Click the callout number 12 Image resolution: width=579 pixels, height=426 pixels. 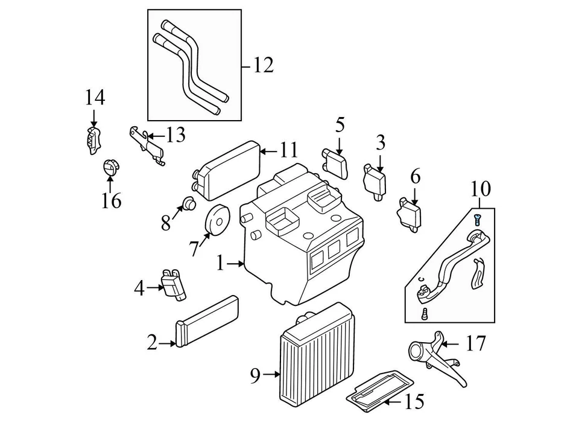click(x=264, y=65)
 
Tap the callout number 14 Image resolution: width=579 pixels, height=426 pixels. click(x=94, y=97)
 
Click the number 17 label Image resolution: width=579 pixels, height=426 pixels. click(x=475, y=345)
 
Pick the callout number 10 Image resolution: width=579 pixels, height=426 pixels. click(x=481, y=189)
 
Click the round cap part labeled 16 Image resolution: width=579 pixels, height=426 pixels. click(x=110, y=167)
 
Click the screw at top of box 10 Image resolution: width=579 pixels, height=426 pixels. click(x=478, y=217)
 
